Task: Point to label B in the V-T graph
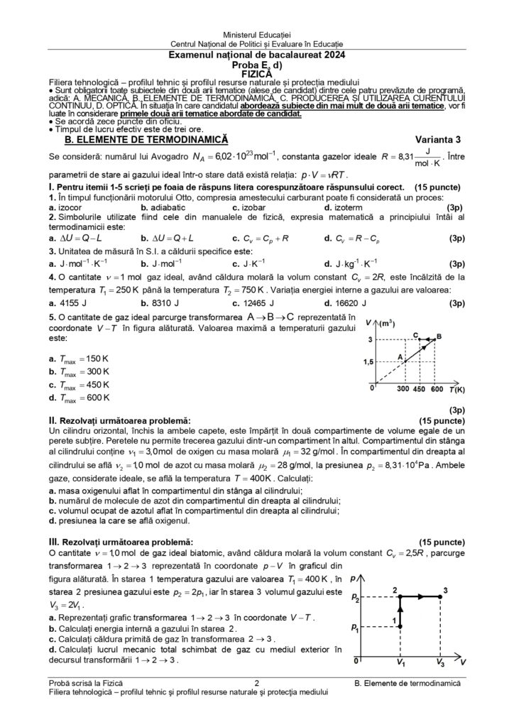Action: point(439,336)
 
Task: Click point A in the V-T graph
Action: point(400,357)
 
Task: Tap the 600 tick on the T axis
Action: point(436,390)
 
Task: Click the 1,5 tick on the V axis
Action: point(366,362)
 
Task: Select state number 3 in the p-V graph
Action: point(445,589)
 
